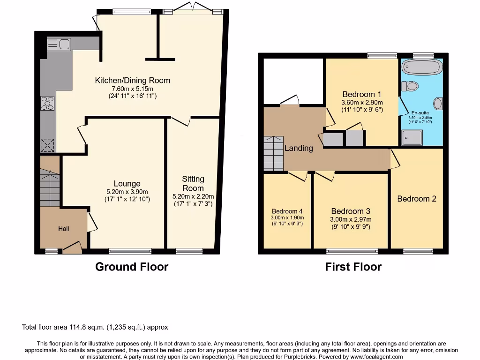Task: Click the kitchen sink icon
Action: click(58, 45)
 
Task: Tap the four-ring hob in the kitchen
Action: click(48, 103)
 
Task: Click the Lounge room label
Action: click(127, 183)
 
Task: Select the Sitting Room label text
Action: click(193, 183)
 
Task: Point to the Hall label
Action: click(64, 229)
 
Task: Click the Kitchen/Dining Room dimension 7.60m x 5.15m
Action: click(132, 89)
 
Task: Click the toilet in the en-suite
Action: click(410, 86)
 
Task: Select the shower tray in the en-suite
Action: click(412, 138)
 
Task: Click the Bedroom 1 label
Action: click(362, 94)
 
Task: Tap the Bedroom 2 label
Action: click(417, 199)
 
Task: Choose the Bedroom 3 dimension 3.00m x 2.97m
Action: click(351, 219)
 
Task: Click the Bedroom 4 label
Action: click(287, 211)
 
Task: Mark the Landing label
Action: click(299, 148)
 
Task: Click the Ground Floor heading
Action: click(132, 267)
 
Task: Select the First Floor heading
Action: click(353, 267)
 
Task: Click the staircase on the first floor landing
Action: click(273, 153)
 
